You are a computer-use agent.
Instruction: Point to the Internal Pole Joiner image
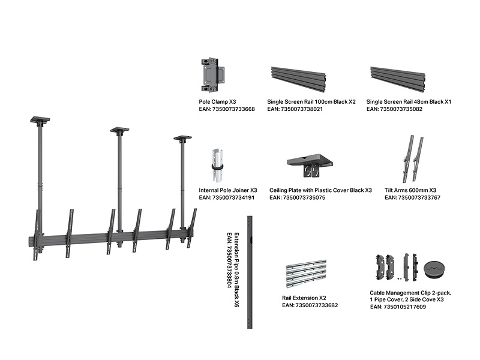[x=218, y=166]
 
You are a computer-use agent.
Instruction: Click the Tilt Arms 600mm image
[x=413, y=158]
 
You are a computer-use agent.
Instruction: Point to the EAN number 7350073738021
[x=295, y=110]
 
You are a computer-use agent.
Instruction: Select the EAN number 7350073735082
[x=395, y=110]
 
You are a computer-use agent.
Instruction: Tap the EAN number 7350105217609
[x=398, y=307]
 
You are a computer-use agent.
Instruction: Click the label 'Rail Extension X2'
[x=304, y=298]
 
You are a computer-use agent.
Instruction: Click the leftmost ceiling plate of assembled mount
[x=40, y=119]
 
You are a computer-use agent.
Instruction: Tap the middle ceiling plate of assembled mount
[x=120, y=129]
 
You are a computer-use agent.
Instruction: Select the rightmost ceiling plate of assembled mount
[x=182, y=138]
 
